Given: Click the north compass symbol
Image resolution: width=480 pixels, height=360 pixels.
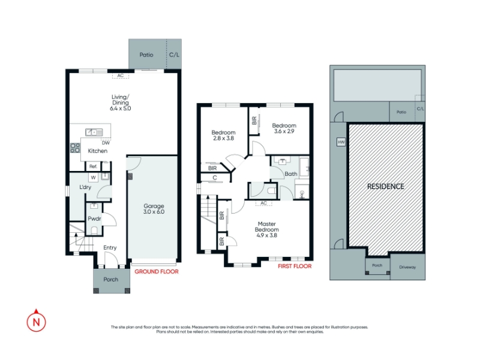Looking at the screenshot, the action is [x=37, y=321].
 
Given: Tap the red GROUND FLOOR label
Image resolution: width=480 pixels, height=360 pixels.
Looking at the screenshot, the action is [x=157, y=272].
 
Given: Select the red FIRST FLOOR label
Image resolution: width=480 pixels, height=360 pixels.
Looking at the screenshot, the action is [x=295, y=266].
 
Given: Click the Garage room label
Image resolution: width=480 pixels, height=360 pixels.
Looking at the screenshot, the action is [x=154, y=206].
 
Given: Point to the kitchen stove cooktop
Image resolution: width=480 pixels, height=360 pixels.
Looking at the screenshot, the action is [x=75, y=148].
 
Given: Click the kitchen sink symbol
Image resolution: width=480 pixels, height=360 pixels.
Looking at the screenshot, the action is [x=94, y=132].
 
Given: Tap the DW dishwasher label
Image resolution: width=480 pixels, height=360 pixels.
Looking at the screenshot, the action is [x=106, y=143].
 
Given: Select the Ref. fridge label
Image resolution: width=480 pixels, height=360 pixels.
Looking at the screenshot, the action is [x=93, y=167].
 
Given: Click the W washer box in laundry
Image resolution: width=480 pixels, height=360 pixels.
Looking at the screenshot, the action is [x=94, y=178].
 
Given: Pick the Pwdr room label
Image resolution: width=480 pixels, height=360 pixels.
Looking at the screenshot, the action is [x=94, y=218].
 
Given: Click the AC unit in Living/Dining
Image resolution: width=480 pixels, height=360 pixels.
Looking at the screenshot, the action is [x=121, y=76].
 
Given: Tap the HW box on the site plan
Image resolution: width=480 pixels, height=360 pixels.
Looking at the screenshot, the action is [x=341, y=142].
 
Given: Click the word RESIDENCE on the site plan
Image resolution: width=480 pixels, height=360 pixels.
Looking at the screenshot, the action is [x=385, y=187].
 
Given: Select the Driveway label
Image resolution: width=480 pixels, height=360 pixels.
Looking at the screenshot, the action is [x=407, y=267].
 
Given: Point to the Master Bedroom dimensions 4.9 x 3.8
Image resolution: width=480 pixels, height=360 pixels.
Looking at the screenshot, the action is [x=266, y=235].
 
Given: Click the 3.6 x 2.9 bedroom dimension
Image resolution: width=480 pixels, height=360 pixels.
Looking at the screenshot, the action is [x=284, y=131].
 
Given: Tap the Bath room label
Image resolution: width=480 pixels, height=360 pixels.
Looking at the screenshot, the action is [x=291, y=174].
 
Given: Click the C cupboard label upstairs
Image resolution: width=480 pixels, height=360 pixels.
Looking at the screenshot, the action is [x=215, y=178].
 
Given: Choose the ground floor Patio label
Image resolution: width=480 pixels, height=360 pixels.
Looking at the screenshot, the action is [x=146, y=55].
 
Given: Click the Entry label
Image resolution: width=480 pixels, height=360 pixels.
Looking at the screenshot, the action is [x=110, y=248].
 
